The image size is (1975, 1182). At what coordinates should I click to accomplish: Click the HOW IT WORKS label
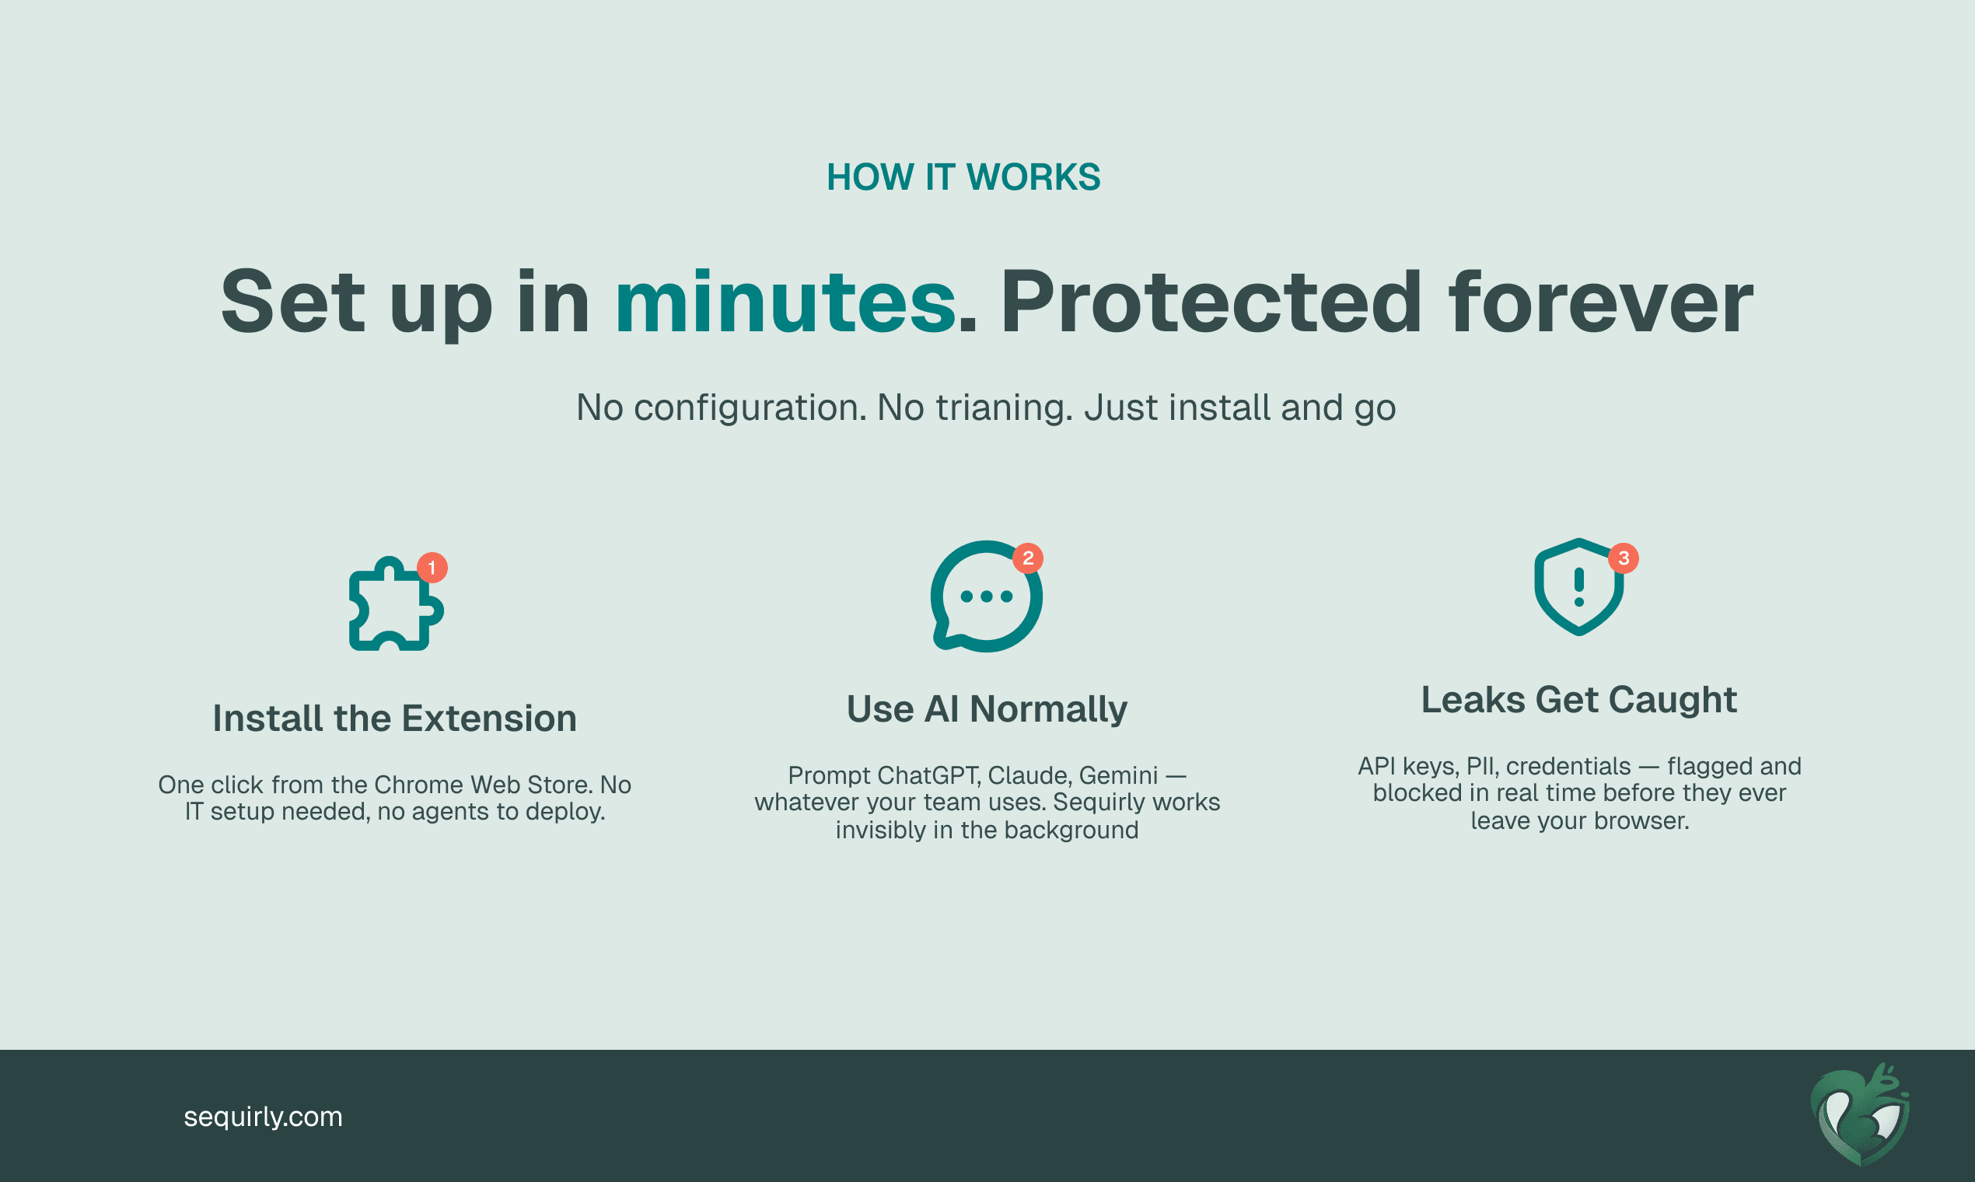(963, 177)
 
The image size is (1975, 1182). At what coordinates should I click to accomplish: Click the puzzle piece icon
(396, 603)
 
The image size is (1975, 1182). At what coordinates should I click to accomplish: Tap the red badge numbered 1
(432, 568)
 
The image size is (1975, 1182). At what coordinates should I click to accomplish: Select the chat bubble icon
(987, 596)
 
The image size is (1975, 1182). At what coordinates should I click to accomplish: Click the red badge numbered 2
(1028, 558)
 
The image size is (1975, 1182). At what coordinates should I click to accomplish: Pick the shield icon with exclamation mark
(1579, 588)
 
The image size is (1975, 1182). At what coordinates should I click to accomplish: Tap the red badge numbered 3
(1624, 558)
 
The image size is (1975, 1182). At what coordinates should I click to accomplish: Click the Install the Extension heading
(395, 719)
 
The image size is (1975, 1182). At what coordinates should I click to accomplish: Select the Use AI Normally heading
(987, 709)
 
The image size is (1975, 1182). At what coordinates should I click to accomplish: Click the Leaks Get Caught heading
(1579, 700)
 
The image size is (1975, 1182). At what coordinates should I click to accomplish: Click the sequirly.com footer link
(264, 1117)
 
